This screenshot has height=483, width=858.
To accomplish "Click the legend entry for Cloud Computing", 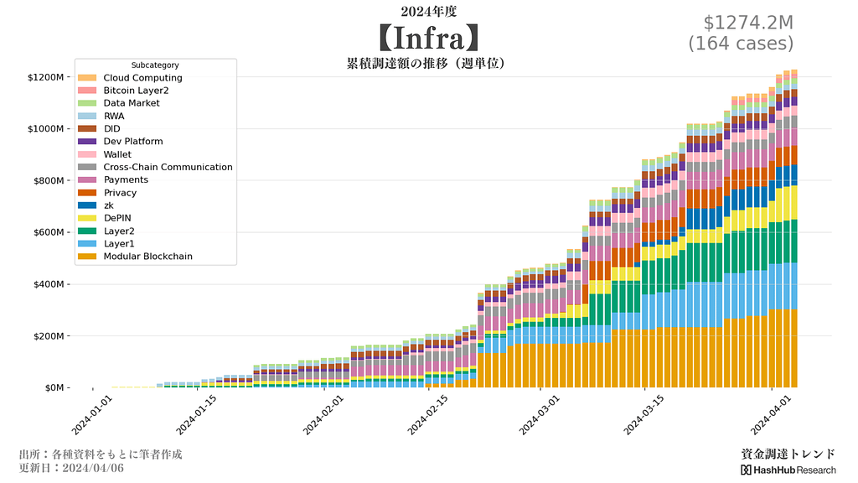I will [142, 78].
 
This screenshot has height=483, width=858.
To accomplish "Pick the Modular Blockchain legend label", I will [147, 257].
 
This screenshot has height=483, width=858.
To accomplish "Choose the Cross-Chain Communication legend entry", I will [168, 167].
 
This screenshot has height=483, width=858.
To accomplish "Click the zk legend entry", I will [109, 205].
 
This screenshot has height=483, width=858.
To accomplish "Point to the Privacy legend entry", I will [120, 193].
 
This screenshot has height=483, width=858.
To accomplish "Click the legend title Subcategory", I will [155, 65].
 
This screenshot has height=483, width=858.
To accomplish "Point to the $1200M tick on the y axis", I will [46, 77].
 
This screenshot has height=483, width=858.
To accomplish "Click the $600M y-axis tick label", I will [49, 233].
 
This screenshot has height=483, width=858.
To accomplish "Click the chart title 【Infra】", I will [428, 38].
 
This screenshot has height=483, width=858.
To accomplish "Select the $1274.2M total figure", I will [741, 23].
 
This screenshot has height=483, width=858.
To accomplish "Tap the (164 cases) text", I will [741, 43].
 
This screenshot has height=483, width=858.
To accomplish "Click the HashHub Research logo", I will [788, 470].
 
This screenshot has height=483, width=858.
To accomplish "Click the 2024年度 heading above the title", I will [428, 12].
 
